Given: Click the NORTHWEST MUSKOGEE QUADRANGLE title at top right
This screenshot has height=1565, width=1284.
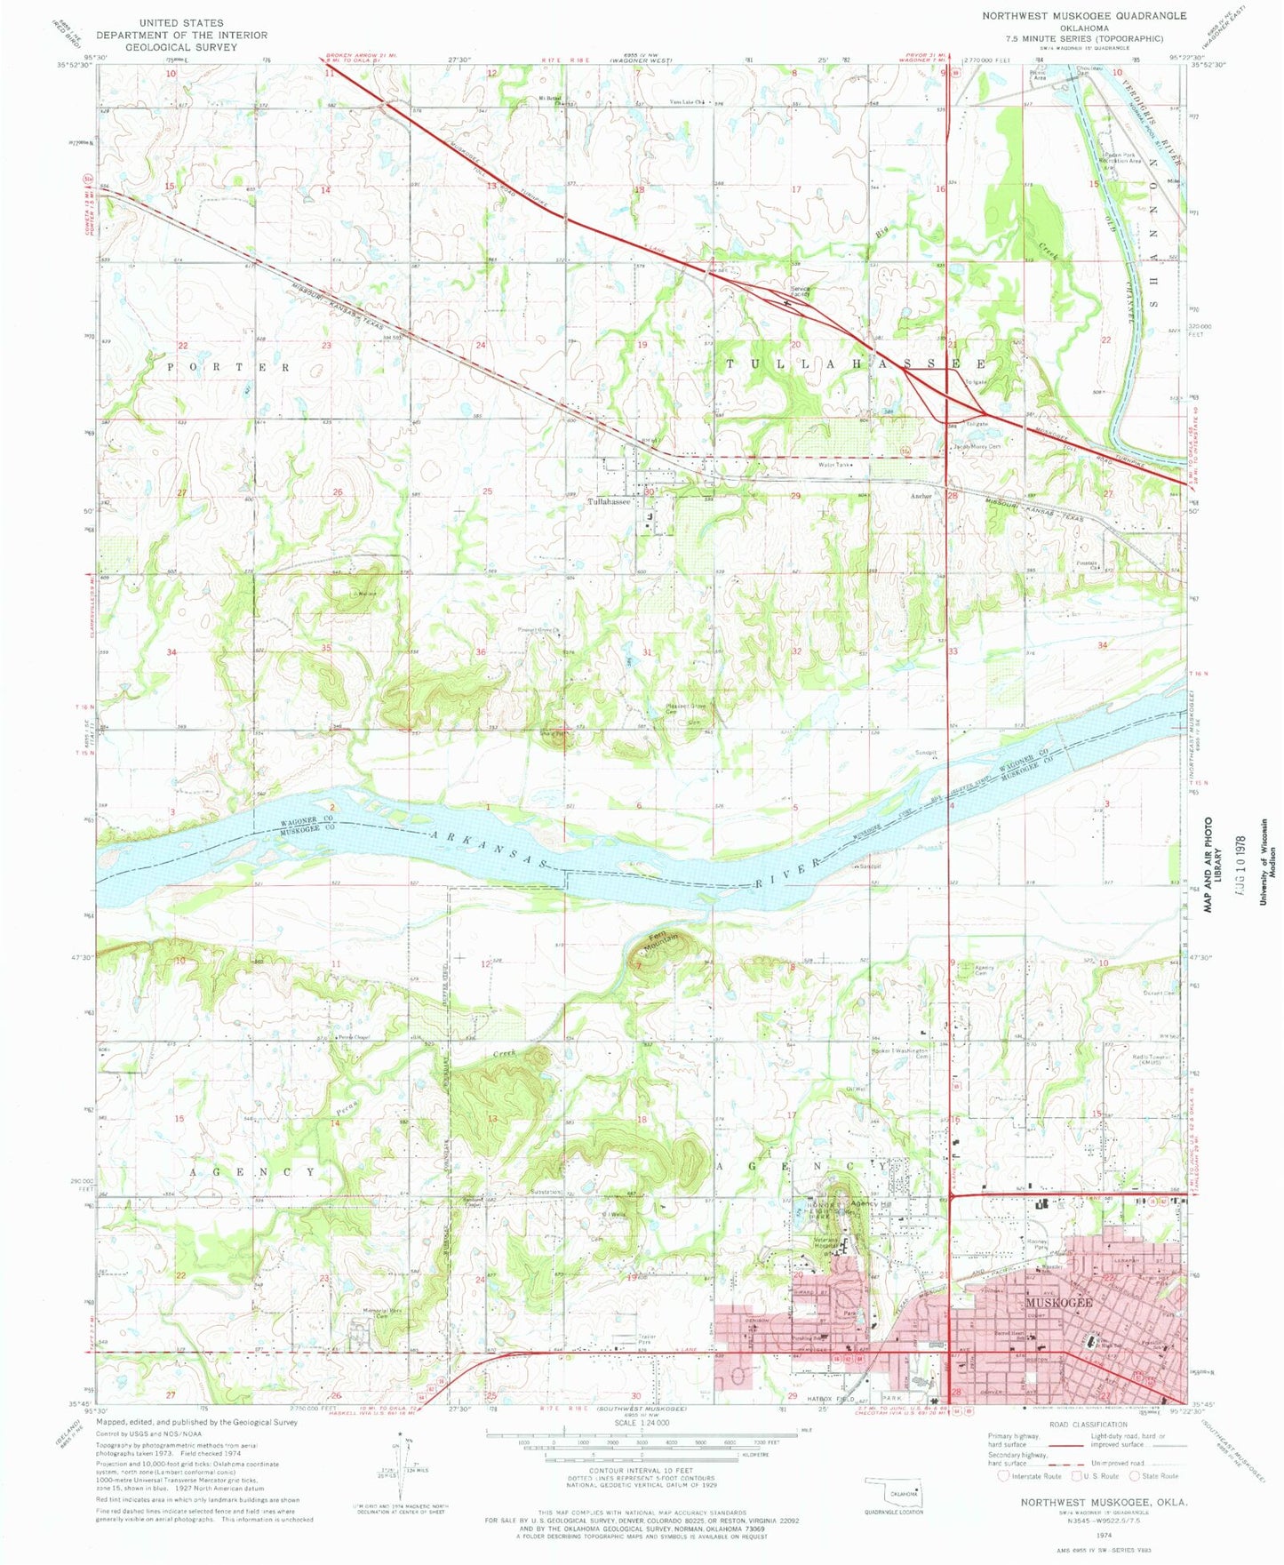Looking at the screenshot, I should tap(1084, 16).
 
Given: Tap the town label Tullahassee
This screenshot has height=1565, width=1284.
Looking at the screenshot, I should tap(609, 501).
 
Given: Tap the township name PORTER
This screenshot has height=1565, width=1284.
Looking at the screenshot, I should tap(228, 367).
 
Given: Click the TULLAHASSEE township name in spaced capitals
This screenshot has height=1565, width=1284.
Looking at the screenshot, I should tap(857, 364).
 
